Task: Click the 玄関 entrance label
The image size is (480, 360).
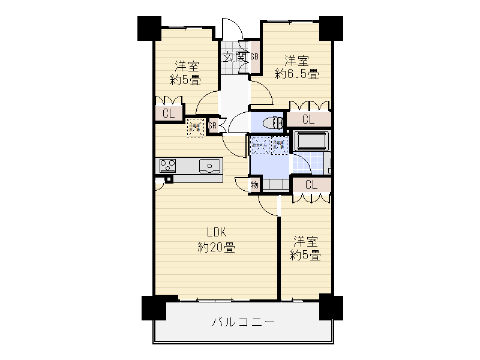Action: tap(235, 57)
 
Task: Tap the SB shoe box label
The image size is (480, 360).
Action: tap(254, 56)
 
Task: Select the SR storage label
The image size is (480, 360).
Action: tap(212, 125)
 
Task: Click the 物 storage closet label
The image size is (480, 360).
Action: tap(254, 185)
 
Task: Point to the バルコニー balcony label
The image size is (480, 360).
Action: tap(244, 322)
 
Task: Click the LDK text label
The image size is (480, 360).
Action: tap(217, 232)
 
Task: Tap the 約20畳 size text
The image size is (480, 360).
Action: tap(217, 247)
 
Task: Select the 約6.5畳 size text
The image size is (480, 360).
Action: tap(297, 74)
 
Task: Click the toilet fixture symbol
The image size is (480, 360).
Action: tap(273, 123)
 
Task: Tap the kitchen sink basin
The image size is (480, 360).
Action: tap(209, 166)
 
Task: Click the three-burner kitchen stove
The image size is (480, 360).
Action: tap(167, 166)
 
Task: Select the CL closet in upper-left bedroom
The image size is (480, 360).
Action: tap(169, 113)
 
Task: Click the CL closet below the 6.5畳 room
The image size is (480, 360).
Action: tap(308, 119)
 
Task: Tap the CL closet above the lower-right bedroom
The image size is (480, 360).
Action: tap(311, 185)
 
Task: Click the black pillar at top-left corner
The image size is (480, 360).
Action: tap(149, 28)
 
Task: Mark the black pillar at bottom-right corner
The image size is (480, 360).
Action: tap(331, 307)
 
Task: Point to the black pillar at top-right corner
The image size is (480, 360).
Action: tap(331, 28)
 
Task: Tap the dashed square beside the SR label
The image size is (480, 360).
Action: tap(196, 127)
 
